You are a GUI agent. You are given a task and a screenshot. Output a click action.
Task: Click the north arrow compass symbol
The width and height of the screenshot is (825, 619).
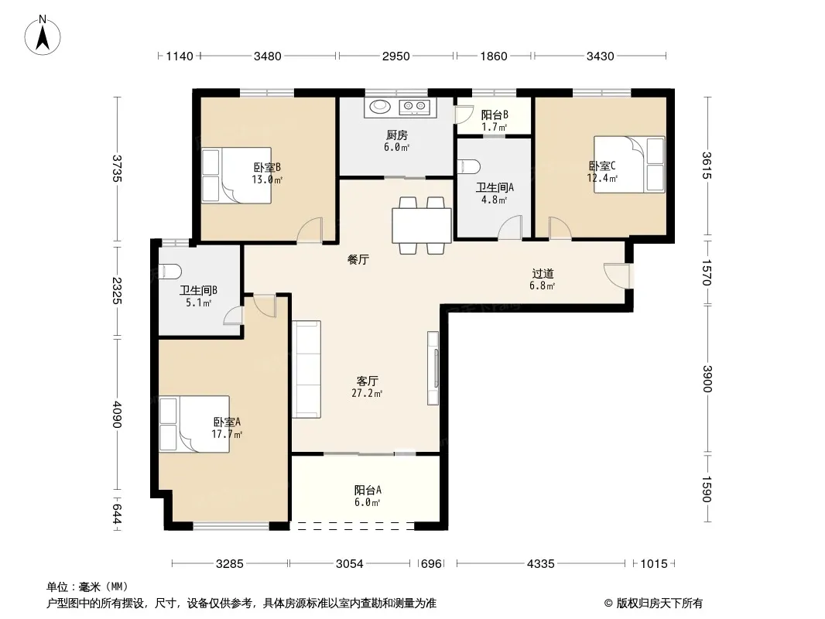click(43, 36)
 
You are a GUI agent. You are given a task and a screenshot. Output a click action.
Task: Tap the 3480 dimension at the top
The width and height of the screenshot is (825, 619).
click(267, 56)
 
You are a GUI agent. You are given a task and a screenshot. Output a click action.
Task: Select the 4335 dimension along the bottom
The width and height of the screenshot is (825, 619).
click(540, 564)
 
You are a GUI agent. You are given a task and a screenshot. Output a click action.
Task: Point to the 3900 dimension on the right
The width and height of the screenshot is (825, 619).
click(707, 378)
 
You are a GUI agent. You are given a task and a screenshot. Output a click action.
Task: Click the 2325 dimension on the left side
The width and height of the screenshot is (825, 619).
click(117, 290)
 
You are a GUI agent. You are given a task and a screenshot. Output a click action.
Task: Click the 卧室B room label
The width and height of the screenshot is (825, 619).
click(267, 167)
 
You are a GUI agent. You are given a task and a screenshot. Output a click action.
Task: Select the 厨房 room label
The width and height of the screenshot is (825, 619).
click(397, 135)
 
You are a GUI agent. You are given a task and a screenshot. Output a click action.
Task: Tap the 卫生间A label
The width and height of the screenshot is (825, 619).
click(495, 187)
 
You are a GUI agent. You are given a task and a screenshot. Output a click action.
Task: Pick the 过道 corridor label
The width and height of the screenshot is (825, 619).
click(543, 273)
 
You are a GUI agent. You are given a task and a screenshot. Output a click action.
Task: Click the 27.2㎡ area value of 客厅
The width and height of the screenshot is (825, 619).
click(367, 393)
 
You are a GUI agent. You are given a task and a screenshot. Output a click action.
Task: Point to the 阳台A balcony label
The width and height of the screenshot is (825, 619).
click(368, 490)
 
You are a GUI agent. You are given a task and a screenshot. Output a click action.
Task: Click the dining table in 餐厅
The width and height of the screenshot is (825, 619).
click(422, 225)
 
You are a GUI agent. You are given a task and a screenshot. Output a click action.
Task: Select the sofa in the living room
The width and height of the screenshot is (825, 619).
click(306, 369)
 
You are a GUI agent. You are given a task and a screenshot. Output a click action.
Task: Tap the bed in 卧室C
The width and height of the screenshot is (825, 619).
click(629, 164)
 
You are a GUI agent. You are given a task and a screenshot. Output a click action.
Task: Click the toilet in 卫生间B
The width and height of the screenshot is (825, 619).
click(170, 272)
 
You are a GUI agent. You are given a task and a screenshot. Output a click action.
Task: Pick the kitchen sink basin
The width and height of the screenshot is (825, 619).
click(380, 107)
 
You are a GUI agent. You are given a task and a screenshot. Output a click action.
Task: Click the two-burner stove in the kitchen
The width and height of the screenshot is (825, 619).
click(415, 107)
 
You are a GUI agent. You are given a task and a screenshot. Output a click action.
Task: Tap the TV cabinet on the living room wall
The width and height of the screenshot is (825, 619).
click(433, 368)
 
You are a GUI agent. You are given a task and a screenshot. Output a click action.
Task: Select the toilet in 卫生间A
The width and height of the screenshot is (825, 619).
click(469, 166)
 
